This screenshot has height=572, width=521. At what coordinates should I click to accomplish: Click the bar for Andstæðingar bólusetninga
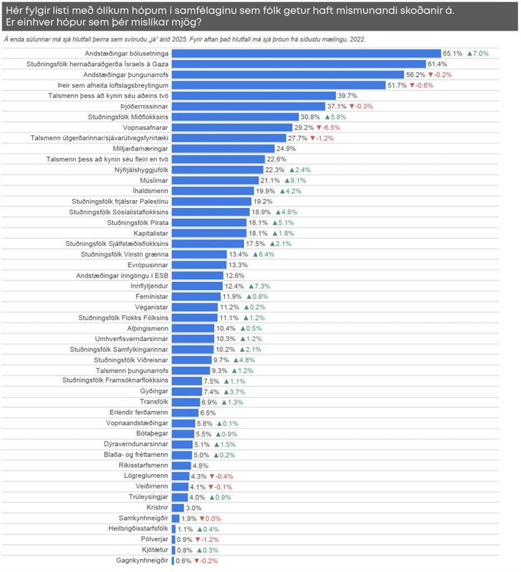[x=307, y=53]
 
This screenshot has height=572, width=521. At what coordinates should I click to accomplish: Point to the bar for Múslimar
[x=215, y=180]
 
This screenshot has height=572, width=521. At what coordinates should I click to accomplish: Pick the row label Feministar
[x=149, y=297]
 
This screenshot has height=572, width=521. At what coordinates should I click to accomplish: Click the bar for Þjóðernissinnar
[x=245, y=106]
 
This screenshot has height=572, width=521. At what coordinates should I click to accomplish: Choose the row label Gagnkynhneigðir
[x=138, y=561]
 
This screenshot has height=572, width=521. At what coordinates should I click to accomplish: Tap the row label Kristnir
[x=156, y=508]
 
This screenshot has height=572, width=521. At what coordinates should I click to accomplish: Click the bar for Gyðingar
[x=186, y=392]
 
